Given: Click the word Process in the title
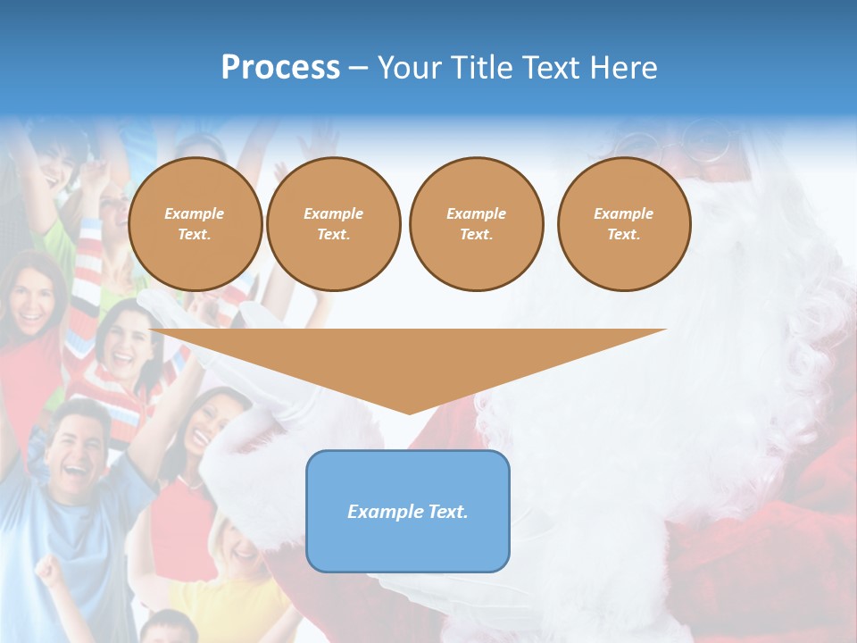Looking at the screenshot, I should click(280, 67).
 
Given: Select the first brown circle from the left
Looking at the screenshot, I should click(195, 224).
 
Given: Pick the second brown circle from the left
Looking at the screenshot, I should click(333, 224).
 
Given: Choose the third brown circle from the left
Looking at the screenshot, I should click(476, 224).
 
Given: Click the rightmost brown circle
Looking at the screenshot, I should click(623, 224).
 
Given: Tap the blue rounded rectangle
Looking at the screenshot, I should click(407, 511).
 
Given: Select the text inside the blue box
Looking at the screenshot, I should click(407, 512).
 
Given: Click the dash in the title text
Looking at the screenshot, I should click(358, 68).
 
